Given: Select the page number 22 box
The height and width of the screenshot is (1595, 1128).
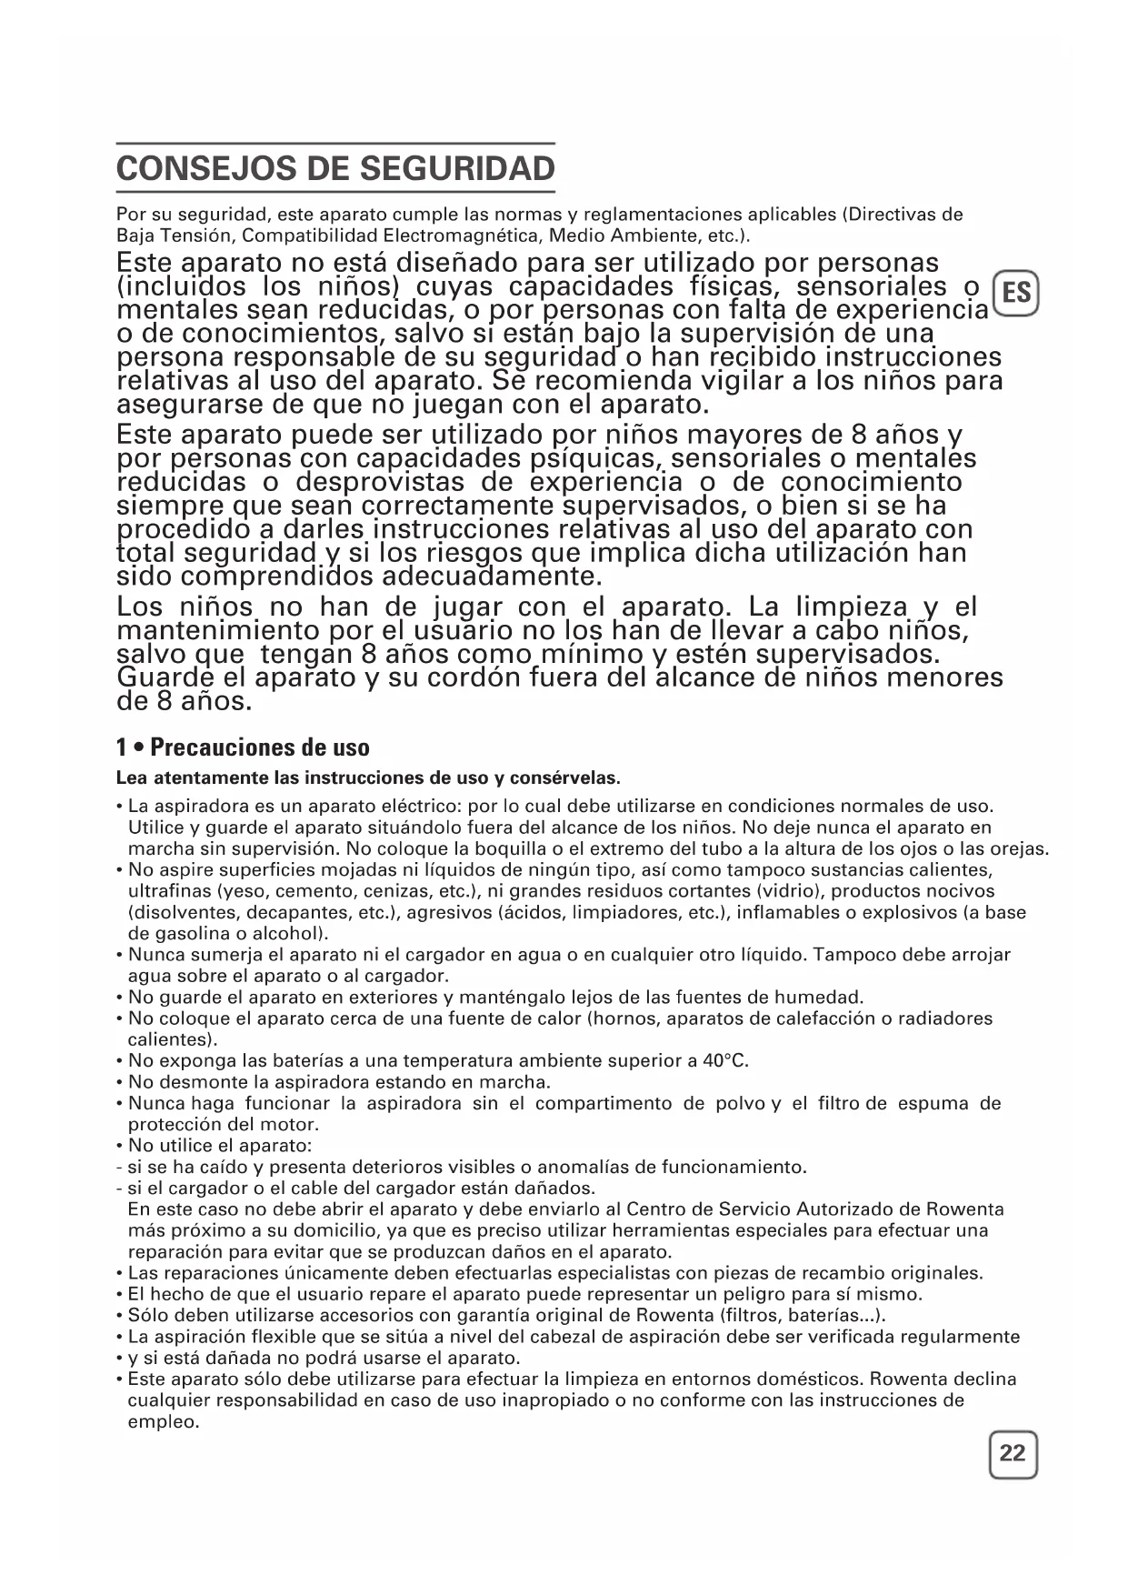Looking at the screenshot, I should (1012, 1453).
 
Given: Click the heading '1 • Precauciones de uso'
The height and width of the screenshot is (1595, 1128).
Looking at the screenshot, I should (243, 747).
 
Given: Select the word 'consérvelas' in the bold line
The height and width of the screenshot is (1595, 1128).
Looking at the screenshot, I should (568, 778).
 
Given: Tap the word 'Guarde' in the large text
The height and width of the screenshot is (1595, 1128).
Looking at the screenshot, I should (173, 678).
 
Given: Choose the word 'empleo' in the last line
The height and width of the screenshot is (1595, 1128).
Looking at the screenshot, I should (162, 1422).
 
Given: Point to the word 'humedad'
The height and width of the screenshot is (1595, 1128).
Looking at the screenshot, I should (824, 998).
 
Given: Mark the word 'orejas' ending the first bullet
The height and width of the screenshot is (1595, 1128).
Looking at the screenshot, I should (1020, 850).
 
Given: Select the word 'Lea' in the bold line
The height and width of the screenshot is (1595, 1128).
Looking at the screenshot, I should (132, 778).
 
